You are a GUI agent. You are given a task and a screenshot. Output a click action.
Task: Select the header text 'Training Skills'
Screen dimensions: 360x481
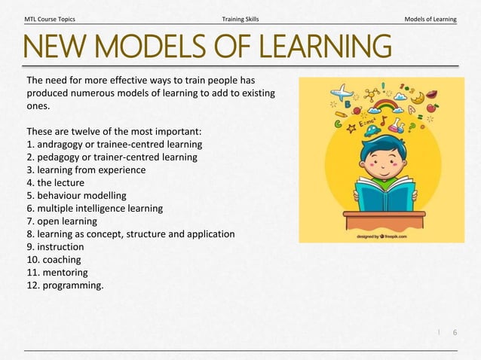(x=240, y=18)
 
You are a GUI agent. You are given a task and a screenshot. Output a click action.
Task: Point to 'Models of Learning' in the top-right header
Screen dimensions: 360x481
(x=430, y=18)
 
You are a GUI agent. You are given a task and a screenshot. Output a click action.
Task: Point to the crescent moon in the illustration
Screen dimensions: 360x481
(x=417, y=97)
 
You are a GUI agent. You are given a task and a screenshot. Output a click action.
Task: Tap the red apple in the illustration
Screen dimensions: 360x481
(x=432, y=108)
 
